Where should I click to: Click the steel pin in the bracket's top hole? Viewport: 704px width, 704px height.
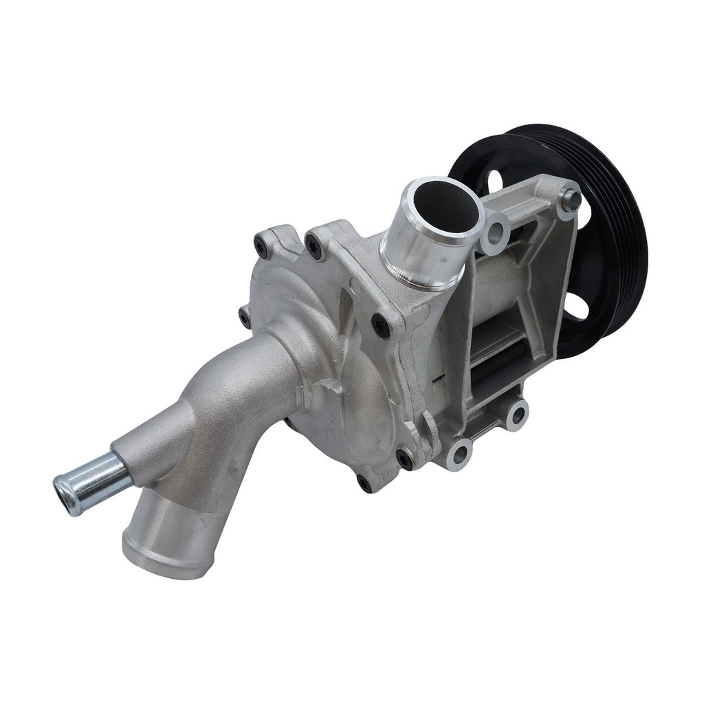pyautogui.click(x=570, y=200)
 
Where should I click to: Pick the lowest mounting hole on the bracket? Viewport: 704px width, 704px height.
pyautogui.click(x=459, y=454)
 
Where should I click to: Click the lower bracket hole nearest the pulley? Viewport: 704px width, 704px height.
pyautogui.click(x=516, y=415)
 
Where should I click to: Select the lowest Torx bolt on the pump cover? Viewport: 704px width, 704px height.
pyautogui.click(x=365, y=483)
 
